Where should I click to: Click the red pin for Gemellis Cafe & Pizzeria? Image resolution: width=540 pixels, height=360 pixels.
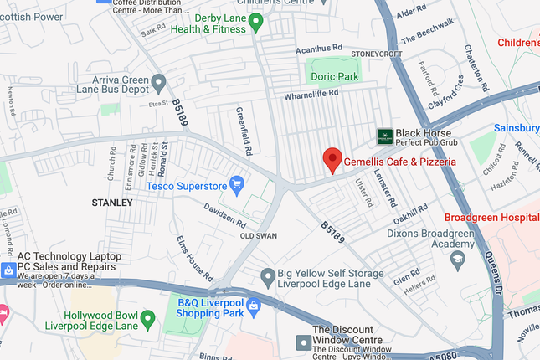(332, 158)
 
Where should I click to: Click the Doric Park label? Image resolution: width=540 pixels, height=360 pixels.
(334, 75)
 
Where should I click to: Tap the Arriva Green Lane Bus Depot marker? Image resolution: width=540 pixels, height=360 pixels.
(159, 82)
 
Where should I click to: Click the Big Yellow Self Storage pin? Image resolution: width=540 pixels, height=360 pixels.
(267, 275)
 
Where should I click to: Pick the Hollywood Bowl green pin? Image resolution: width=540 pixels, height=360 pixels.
(148, 318)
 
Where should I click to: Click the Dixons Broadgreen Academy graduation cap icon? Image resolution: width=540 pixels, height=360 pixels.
(457, 261)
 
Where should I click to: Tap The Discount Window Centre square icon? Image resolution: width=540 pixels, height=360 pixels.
(302, 342)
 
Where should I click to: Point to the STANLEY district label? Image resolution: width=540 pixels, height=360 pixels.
(112, 203)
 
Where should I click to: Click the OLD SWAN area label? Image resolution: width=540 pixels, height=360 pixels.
(259, 237)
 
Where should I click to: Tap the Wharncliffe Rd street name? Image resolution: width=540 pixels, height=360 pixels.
(310, 94)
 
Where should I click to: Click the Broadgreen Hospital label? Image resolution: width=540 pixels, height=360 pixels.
(497, 216)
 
